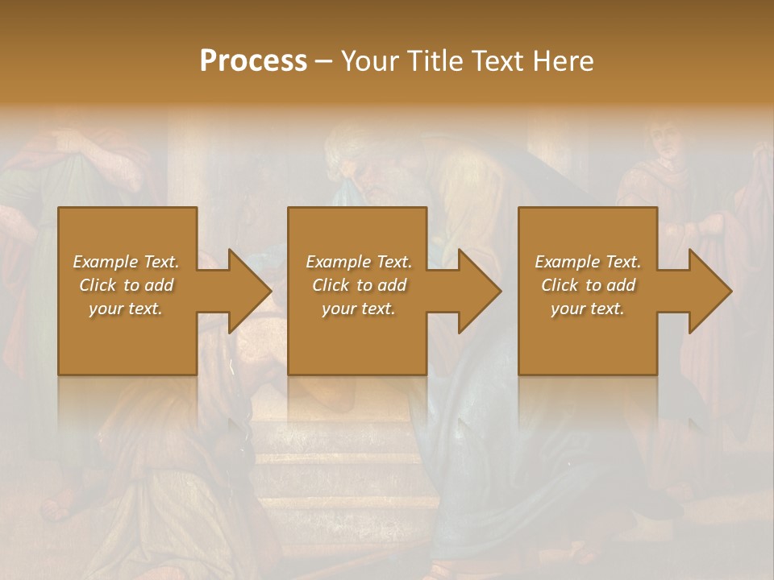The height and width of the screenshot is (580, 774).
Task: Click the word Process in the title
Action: tap(253, 61)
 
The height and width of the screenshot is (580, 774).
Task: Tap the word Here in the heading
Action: tap(563, 61)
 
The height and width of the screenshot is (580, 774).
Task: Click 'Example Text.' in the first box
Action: tap(126, 262)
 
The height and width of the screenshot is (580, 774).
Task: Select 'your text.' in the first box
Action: tap(126, 309)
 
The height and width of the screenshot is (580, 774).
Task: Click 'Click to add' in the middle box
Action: tap(359, 285)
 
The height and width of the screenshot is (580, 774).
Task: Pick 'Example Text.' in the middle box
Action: tap(359, 262)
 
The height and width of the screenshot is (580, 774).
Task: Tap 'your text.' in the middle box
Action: tap(359, 309)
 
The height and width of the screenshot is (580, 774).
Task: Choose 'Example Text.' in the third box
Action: tap(588, 262)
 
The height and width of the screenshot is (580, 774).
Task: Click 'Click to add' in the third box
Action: tap(588, 285)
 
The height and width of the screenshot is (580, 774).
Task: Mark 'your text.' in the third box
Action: tap(588, 309)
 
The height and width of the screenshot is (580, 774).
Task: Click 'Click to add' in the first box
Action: tap(126, 285)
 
